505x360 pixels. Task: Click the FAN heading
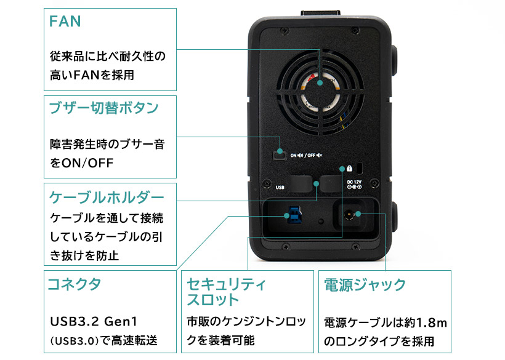click(65, 22)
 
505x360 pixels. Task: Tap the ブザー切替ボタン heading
click(103, 108)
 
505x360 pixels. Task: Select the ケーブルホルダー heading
click(107, 197)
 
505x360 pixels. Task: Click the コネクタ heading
click(74, 284)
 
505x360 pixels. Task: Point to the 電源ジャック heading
click(365, 285)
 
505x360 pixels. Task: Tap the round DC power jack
click(349, 215)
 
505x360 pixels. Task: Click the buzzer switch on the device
click(280, 156)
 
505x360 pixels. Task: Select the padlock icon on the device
click(349, 168)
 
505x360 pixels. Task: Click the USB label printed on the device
click(280, 187)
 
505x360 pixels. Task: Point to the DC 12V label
click(354, 185)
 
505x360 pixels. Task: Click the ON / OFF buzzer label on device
click(306, 156)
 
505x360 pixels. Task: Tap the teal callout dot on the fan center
click(320, 82)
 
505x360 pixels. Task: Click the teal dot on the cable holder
click(317, 184)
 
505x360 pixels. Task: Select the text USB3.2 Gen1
click(94, 321)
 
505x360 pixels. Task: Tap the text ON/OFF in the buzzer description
click(87, 163)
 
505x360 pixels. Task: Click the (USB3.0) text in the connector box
click(74, 340)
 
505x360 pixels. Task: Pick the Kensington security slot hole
click(360, 168)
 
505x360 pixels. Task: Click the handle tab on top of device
click(320, 13)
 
